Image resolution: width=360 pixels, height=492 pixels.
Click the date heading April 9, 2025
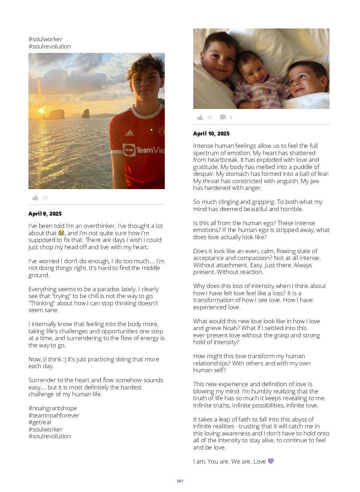click(45, 214)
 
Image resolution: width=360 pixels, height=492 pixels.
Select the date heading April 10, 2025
click(211, 134)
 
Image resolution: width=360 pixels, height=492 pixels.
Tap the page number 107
click(180, 481)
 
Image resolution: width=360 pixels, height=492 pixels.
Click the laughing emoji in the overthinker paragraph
click(61, 233)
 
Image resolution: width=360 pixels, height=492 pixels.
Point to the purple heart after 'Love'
click(271, 461)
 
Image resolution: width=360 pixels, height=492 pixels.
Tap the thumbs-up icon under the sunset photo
click(35, 198)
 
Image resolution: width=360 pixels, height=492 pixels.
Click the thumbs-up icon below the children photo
click(200, 117)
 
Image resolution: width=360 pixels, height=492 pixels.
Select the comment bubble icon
click(222, 117)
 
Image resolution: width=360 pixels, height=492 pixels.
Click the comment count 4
click(231, 118)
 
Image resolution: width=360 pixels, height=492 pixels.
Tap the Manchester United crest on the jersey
click(161, 131)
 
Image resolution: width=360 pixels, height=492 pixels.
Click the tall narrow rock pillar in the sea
click(85, 114)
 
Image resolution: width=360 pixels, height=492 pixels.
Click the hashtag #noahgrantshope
click(53, 408)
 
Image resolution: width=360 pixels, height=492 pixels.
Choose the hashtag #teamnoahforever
click(54, 415)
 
